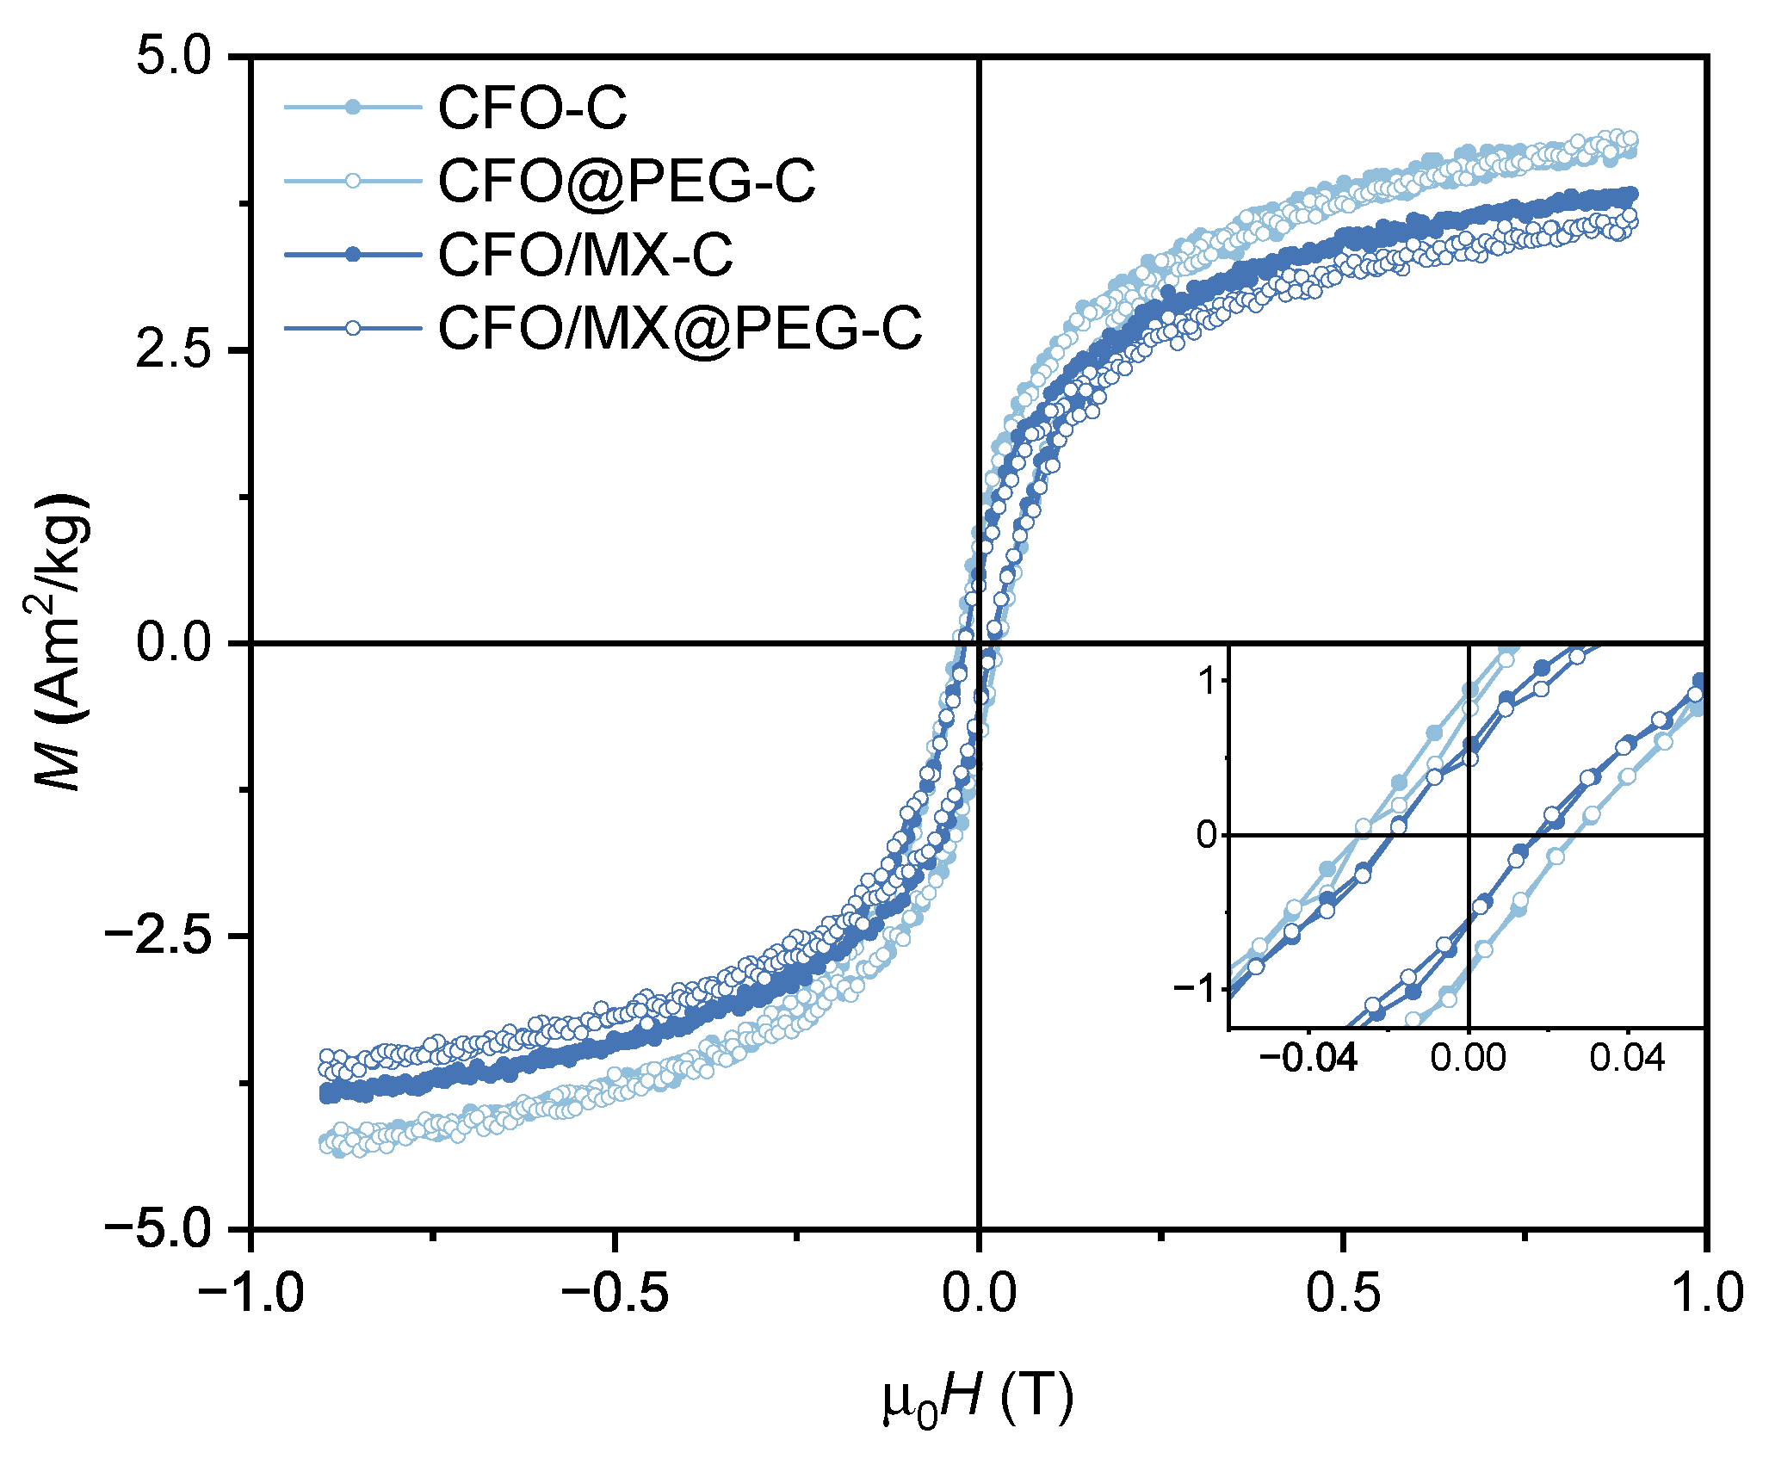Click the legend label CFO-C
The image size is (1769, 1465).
[532, 109]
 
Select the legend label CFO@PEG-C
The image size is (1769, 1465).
[626, 182]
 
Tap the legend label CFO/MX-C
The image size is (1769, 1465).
[585, 255]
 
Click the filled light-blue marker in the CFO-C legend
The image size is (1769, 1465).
[353, 108]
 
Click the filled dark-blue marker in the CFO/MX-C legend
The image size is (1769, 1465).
[353, 254]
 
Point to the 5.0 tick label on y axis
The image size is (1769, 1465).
[173, 58]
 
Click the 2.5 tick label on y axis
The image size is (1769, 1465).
[173, 350]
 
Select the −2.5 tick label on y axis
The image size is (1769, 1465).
[158, 936]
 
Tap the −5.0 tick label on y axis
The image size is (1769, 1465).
[158, 1228]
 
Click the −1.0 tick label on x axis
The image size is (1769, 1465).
[251, 1294]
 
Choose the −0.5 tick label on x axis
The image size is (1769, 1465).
[615, 1294]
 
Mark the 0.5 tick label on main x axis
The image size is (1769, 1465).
[1343, 1294]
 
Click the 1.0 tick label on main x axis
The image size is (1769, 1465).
[1706, 1294]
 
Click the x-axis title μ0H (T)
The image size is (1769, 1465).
[978, 1399]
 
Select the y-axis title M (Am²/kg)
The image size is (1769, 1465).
[60, 642]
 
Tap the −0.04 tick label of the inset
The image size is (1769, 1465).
[1308, 1058]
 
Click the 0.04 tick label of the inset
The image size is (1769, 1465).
[1627, 1058]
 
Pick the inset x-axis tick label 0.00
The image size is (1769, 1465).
[1469, 1058]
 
